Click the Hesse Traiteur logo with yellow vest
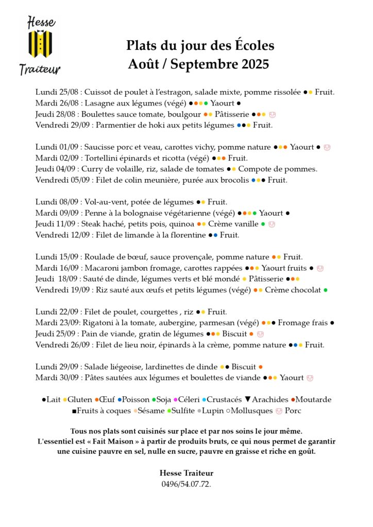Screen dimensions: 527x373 40,45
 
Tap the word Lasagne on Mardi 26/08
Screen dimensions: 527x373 99,103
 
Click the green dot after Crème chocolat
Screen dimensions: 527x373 325,290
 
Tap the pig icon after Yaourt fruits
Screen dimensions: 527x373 320,268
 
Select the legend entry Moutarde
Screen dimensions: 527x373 313,399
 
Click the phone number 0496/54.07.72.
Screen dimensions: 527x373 186,484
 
